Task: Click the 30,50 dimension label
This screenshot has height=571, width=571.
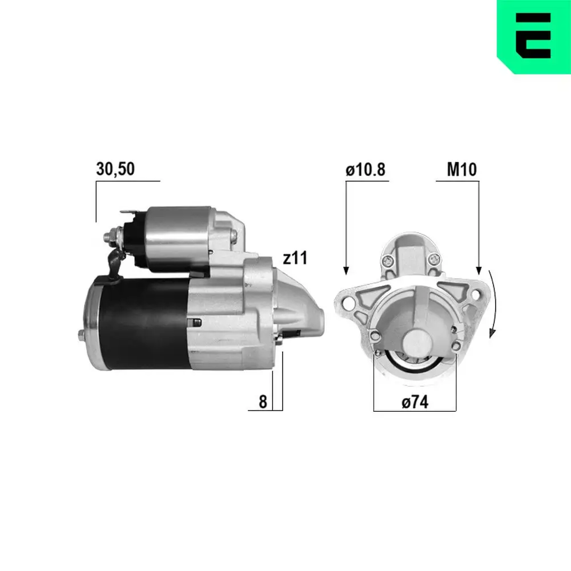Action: click(115, 169)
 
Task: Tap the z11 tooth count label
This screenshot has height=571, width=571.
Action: click(295, 258)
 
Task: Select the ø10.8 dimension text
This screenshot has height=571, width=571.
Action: click(365, 169)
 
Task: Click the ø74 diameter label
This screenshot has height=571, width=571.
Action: click(415, 403)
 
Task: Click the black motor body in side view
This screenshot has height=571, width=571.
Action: click(143, 323)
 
